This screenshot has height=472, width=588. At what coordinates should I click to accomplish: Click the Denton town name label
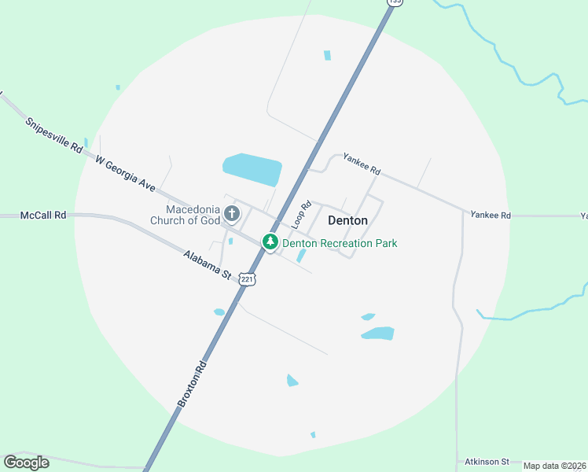[347, 221]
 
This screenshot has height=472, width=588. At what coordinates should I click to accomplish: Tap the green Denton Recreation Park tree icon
[270, 243]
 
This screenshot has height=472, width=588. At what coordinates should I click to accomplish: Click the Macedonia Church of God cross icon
[231, 213]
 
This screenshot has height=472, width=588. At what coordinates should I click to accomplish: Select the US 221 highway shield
[248, 279]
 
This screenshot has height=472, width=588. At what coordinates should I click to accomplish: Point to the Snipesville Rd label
[53, 135]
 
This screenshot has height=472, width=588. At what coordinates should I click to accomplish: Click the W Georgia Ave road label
[125, 173]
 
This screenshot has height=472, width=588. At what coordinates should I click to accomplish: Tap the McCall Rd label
[43, 215]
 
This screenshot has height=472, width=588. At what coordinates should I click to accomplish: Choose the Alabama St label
[207, 265]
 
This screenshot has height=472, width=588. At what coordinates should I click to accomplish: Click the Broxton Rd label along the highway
[191, 383]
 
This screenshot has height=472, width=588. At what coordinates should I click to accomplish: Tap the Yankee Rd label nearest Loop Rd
[362, 164]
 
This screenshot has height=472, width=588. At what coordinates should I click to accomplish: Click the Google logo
[26, 462]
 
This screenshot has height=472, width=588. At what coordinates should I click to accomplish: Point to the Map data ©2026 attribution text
[555, 466]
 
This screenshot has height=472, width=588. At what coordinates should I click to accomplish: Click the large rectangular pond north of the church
[252, 167]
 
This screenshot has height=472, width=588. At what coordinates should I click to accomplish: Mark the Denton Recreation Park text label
[340, 243]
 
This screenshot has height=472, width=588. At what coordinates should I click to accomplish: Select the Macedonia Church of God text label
[193, 215]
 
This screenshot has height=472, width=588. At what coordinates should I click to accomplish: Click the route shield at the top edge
[395, 2]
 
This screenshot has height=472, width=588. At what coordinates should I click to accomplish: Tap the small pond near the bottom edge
[313, 434]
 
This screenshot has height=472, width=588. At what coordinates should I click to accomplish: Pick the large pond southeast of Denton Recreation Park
[377, 334]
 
